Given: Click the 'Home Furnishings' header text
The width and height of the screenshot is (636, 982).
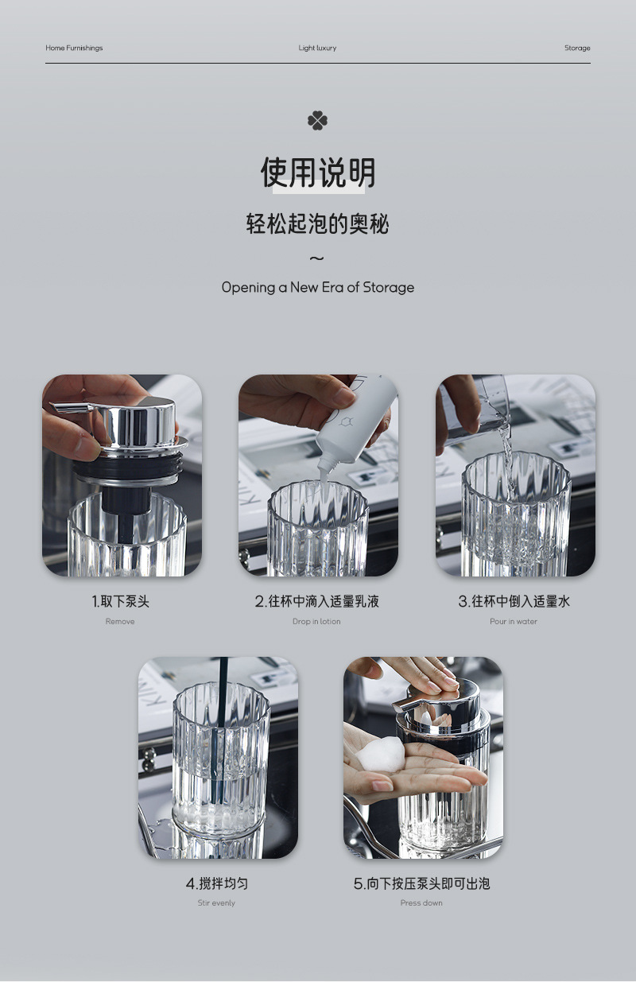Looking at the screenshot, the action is pyautogui.click(x=74, y=48).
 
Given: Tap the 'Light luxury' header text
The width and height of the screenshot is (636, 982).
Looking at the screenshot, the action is pyautogui.click(x=317, y=48).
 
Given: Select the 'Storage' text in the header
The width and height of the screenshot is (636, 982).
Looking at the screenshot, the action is pyautogui.click(x=577, y=48).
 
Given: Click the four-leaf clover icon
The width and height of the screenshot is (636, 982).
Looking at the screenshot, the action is pyautogui.click(x=317, y=121).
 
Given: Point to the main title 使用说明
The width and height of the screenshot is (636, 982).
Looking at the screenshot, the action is pyautogui.click(x=318, y=173).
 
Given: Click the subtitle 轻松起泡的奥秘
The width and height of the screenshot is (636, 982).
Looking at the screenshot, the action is pyautogui.click(x=317, y=223).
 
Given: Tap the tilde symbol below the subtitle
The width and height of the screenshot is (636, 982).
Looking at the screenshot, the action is pyautogui.click(x=317, y=258).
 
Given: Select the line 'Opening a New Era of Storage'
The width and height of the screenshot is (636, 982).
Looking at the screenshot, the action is pyautogui.click(x=318, y=288).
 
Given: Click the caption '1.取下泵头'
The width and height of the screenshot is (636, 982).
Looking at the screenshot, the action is pyautogui.click(x=121, y=601).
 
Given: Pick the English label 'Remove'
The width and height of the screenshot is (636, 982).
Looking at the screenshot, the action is pyautogui.click(x=120, y=621).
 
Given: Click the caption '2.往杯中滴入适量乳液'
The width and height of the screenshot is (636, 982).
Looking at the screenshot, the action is pyautogui.click(x=317, y=601).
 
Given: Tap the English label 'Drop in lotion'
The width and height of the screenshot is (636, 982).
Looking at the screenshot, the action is pyautogui.click(x=316, y=621).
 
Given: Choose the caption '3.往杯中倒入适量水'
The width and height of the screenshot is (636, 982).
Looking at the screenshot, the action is pyautogui.click(x=514, y=601).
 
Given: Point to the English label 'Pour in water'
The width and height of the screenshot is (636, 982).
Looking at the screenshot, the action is pyautogui.click(x=514, y=621).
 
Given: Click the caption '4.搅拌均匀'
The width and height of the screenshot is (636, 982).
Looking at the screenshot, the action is pyautogui.click(x=217, y=883).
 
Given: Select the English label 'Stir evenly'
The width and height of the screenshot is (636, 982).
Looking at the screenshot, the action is pyautogui.click(x=216, y=902).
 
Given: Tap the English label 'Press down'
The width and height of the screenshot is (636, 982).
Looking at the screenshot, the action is pyautogui.click(x=421, y=902).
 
